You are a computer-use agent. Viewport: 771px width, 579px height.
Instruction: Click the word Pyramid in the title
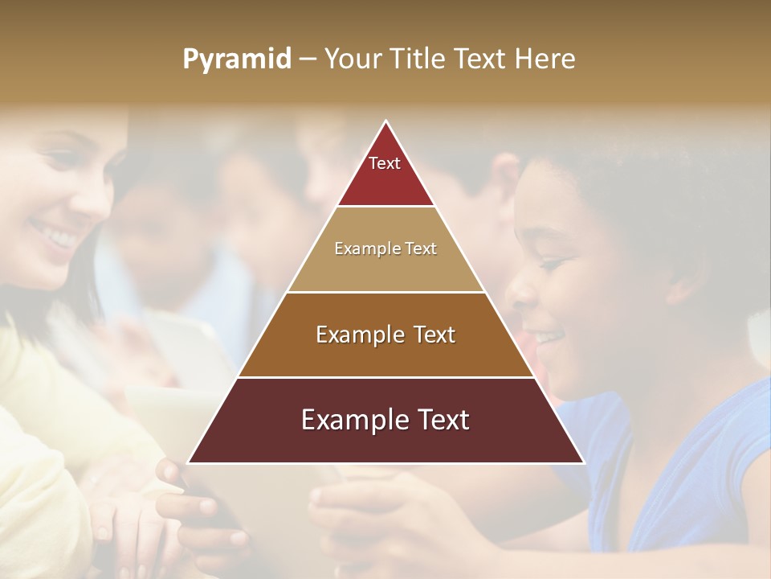click(237, 60)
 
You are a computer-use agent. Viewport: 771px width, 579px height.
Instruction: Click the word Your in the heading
click(354, 59)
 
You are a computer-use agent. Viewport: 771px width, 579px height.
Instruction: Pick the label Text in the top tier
click(385, 163)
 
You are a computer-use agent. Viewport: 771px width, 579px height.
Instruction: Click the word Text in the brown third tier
click(430, 335)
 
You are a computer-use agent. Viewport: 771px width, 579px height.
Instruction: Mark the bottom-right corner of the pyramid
click(583, 462)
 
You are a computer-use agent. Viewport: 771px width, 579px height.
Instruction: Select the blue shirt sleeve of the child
click(723, 458)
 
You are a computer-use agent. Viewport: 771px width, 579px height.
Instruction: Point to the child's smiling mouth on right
click(548, 334)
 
